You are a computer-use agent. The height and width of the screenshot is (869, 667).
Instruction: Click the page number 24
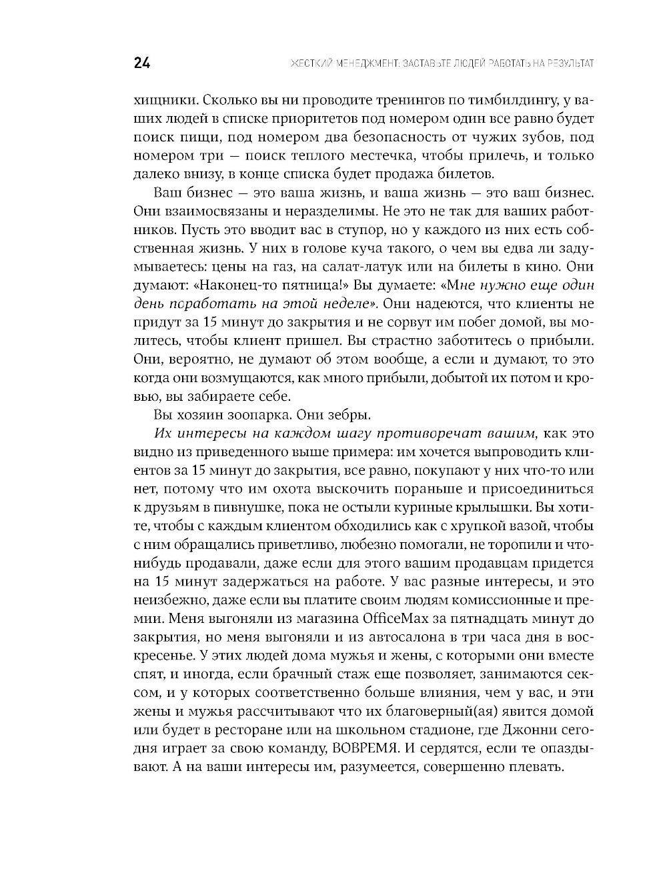pyautogui.click(x=141, y=63)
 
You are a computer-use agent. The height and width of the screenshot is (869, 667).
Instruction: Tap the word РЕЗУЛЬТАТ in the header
pyautogui.click(x=565, y=64)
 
